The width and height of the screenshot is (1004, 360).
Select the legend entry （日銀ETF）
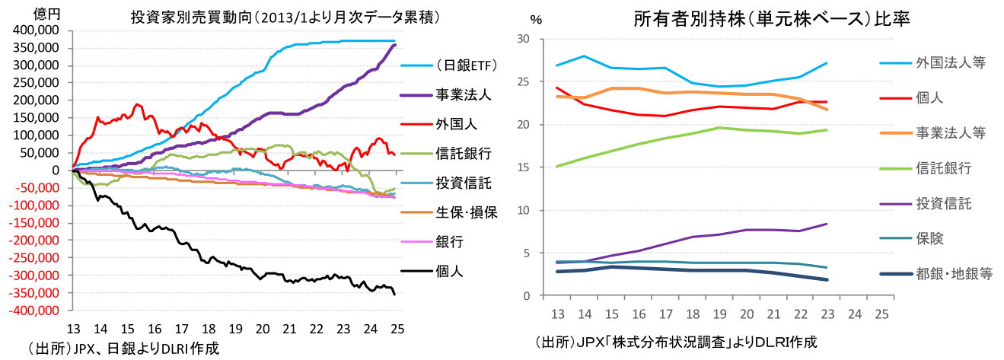pos(467,66)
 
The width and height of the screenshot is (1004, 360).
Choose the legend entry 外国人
pos(452,124)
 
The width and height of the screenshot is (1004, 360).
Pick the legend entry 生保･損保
pos(466,212)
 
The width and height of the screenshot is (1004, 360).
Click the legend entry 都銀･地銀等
pos(955,274)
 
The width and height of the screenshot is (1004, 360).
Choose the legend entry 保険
pos(930,239)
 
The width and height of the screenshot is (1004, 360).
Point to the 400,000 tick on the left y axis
pos(36,30)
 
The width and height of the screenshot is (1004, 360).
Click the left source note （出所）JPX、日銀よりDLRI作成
pos(123,349)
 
